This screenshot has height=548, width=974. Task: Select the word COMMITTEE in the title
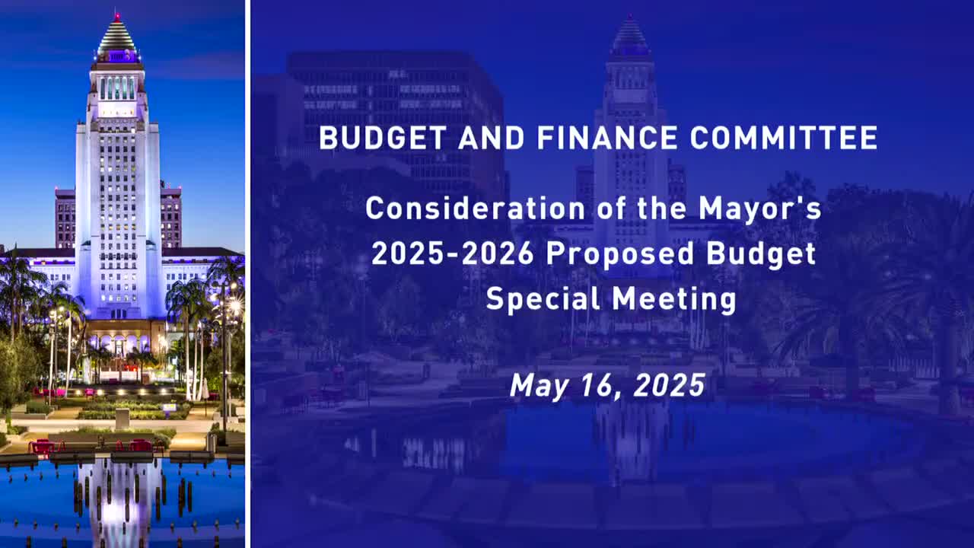point(784,138)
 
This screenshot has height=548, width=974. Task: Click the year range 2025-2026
point(453,253)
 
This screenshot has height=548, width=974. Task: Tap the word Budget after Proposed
point(761,253)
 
